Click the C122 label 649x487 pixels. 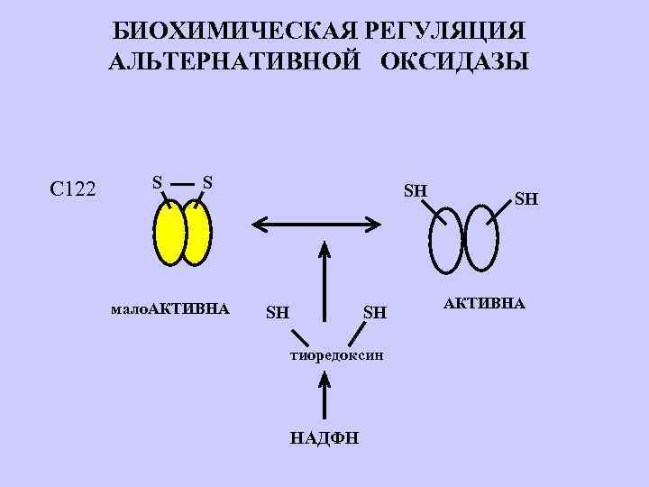tap(75, 188)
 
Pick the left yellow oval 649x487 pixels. tap(169, 232)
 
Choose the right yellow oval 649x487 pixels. tap(197, 233)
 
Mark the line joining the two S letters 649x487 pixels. tap(182, 181)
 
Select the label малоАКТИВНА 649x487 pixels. tap(169, 309)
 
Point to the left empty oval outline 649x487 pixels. tap(446, 240)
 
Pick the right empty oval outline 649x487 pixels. tap(480, 240)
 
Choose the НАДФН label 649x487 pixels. tap(324, 438)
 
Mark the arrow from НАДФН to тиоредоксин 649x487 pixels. tap(324, 399)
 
